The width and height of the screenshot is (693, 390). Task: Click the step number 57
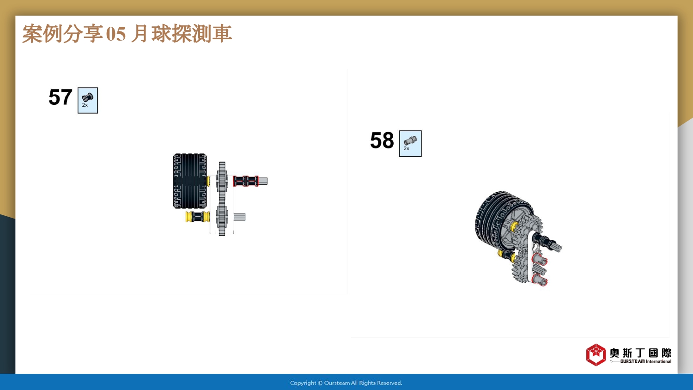(61, 97)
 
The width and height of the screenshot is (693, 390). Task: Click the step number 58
(382, 140)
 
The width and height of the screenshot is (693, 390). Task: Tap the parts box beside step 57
(88, 100)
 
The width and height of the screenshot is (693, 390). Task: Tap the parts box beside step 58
(410, 144)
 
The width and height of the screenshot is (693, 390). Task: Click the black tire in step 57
(189, 181)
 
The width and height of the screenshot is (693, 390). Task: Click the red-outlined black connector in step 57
(246, 181)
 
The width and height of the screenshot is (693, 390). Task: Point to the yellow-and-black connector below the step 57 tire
(197, 217)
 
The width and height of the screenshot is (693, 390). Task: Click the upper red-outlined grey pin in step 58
(540, 259)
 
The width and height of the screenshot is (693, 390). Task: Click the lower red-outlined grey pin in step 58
(540, 279)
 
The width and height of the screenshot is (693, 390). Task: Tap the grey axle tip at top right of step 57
(263, 181)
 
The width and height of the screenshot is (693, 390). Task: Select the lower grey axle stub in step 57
(239, 217)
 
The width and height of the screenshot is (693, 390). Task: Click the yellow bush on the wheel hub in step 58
(514, 226)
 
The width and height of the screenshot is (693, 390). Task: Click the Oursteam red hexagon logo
(596, 355)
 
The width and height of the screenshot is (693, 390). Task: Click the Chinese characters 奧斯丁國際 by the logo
(640, 353)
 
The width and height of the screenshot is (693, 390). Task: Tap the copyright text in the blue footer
(346, 383)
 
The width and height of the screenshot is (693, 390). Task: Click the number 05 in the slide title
(115, 34)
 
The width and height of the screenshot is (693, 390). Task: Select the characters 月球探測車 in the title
(181, 33)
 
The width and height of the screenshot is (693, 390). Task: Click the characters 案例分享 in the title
(62, 33)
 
